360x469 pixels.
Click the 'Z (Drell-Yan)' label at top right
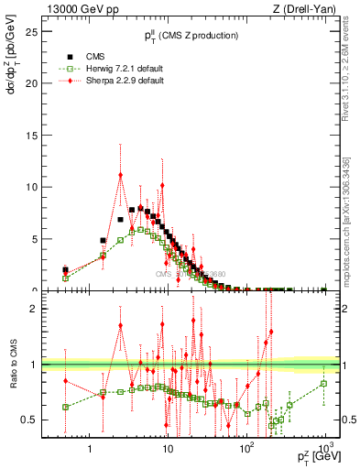pyautogui.click(x=307, y=9)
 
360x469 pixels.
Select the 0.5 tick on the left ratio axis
pyautogui.click(x=31, y=420)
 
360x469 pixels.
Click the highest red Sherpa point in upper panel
pyautogui.click(x=120, y=176)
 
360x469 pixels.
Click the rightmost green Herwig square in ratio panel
pyautogui.click(x=324, y=383)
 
